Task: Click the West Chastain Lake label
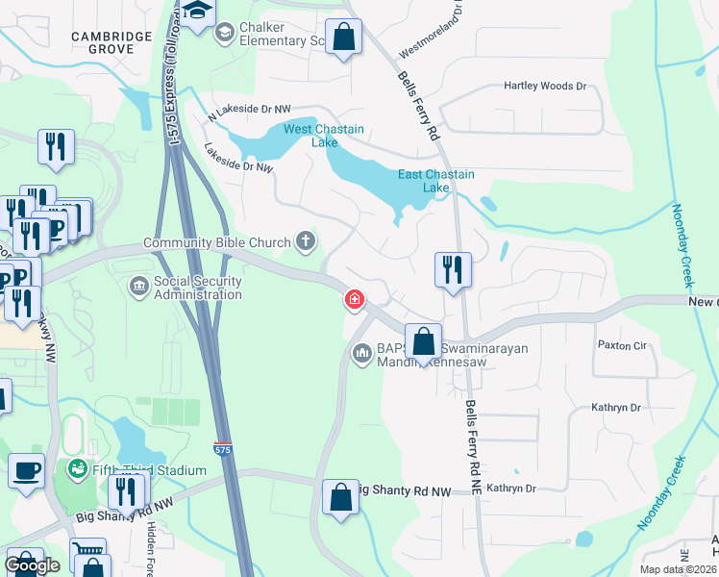point(323,136)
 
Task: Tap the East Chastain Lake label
point(436,181)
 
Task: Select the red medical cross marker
point(355,301)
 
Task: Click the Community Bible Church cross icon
point(306,240)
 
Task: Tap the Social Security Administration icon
point(139,286)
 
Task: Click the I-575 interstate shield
point(221,448)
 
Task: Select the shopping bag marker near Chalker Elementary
point(343,38)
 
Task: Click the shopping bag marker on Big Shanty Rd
point(340,497)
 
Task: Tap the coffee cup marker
point(26,471)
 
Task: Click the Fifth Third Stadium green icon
point(76,469)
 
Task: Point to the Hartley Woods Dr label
point(544,87)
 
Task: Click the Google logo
point(33,565)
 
